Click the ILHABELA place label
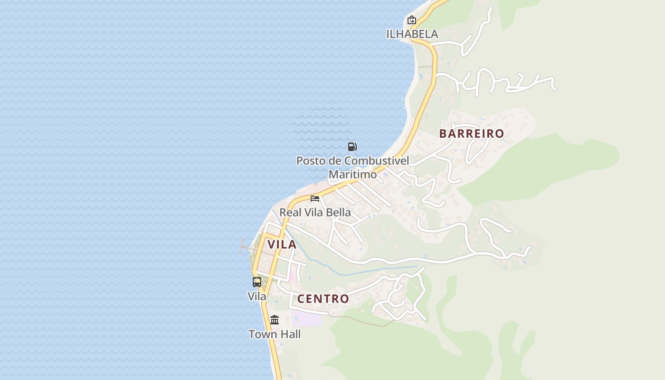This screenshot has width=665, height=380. (x=412, y=34)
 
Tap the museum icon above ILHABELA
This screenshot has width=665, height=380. (x=412, y=20)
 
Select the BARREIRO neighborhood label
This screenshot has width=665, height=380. (x=471, y=133)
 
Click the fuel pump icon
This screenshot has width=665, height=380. (x=352, y=147)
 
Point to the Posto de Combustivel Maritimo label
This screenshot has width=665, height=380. (x=352, y=167)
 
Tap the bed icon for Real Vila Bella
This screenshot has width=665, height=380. (x=315, y=198)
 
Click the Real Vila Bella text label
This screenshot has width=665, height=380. (x=315, y=212)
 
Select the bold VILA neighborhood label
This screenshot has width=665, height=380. (x=282, y=244)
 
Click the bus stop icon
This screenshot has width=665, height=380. (x=257, y=282)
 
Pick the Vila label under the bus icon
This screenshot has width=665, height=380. (x=257, y=296)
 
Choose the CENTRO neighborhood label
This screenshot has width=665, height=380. (x=323, y=299)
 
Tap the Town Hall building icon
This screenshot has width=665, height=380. (x=275, y=320)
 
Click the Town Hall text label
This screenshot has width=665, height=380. (x=275, y=334)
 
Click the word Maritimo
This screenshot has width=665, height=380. (x=352, y=174)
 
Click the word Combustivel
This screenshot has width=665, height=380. (x=376, y=161)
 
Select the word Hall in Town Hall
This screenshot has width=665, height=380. (x=290, y=334)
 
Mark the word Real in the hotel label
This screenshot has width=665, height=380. (x=290, y=212)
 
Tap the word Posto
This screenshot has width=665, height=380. (x=312, y=161)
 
